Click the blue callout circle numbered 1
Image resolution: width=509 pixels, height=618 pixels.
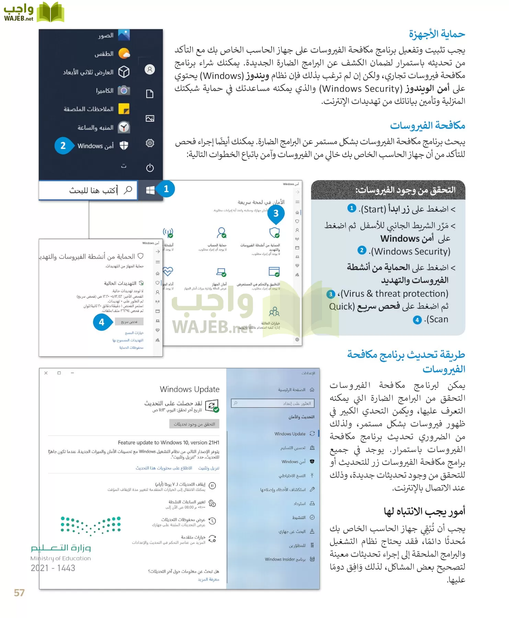166,189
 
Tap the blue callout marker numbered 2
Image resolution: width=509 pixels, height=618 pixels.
63,146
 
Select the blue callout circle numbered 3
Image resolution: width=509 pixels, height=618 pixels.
276,214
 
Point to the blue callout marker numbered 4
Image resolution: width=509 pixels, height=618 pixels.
102,322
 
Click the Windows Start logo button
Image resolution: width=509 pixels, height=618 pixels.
150,190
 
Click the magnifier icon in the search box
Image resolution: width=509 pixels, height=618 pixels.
128,190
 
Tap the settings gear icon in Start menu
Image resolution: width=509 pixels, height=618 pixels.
150,143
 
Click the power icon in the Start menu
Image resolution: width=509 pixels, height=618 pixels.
150,168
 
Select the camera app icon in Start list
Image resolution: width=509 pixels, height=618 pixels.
124,91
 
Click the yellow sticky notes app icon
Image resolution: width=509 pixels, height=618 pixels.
124,109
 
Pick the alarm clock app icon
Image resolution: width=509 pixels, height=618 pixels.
124,127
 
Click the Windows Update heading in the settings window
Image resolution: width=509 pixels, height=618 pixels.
190,389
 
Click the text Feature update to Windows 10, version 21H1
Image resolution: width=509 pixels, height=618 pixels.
168,443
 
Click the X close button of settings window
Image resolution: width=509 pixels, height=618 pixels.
46,373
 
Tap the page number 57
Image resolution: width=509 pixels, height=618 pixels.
19,593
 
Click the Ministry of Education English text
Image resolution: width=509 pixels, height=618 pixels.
60,558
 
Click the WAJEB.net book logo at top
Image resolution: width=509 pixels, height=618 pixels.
50,12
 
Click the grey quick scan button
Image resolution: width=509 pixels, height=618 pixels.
129,322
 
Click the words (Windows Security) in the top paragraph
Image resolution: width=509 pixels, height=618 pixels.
361,89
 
